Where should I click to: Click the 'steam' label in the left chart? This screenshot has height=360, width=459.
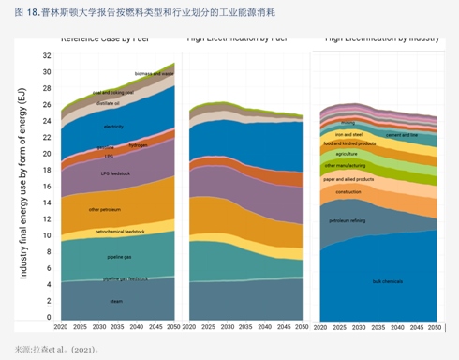pyautogui.click(x=116, y=301)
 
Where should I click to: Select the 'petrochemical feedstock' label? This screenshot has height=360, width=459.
pyautogui.click(x=120, y=230)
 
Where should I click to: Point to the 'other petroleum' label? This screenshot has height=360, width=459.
pyautogui.click(x=108, y=209)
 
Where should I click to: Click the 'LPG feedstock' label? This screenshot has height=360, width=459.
pyautogui.click(x=115, y=173)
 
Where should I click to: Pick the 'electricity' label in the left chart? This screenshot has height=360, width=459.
pyautogui.click(x=114, y=126)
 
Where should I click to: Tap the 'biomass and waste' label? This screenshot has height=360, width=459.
pyautogui.click(x=154, y=73)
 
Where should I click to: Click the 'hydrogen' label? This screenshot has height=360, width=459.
pyautogui.click(x=139, y=145)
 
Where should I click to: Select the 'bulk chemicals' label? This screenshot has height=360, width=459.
pyautogui.click(x=387, y=281)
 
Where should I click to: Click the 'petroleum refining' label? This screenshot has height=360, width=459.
pyautogui.click(x=347, y=220)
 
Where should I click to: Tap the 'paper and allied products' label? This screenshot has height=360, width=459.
pyautogui.click(x=349, y=178)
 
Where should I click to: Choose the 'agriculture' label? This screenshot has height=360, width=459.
pyautogui.click(x=347, y=153)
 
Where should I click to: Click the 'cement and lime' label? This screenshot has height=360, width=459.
pyautogui.click(x=403, y=135)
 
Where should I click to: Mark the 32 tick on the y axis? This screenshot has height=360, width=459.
pyautogui.click(x=46, y=56)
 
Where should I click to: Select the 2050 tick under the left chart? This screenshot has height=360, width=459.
pyautogui.click(x=172, y=327)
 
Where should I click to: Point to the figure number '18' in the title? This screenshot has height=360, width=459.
pyautogui.click(x=32, y=12)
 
